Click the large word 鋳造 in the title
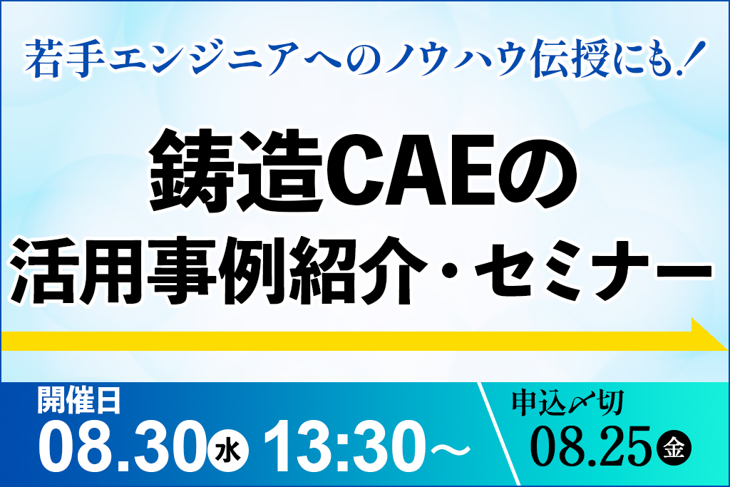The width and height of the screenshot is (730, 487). pos(236,170)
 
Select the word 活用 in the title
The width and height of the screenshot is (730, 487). pos(76,270)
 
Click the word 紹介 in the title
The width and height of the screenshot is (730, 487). pos(357,270)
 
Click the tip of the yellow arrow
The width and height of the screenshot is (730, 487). pos(727,349)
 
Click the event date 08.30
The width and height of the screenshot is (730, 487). pos(122,447)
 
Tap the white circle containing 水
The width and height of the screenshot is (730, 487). pos(227,451)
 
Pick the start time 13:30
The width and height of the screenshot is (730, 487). pos(344,447)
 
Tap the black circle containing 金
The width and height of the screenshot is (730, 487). pos(674,448)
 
